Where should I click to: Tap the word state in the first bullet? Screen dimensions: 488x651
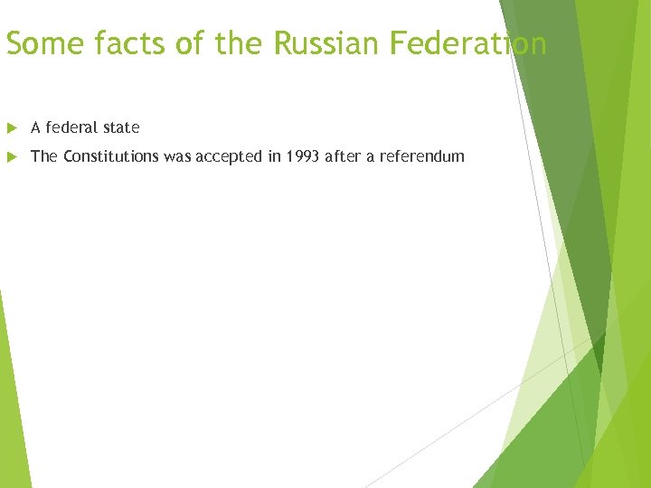pyautogui.click(x=121, y=127)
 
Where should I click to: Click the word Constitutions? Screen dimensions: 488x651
pyautogui.click(x=111, y=156)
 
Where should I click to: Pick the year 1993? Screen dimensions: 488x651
pyautogui.click(x=302, y=156)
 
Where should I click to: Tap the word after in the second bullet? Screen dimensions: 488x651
pyautogui.click(x=344, y=156)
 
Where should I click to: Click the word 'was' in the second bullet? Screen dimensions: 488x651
pyautogui.click(x=177, y=156)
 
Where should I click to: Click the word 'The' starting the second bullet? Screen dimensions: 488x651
pyautogui.click(x=44, y=156)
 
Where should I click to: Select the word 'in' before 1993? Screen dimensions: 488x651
pyautogui.click(x=274, y=156)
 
